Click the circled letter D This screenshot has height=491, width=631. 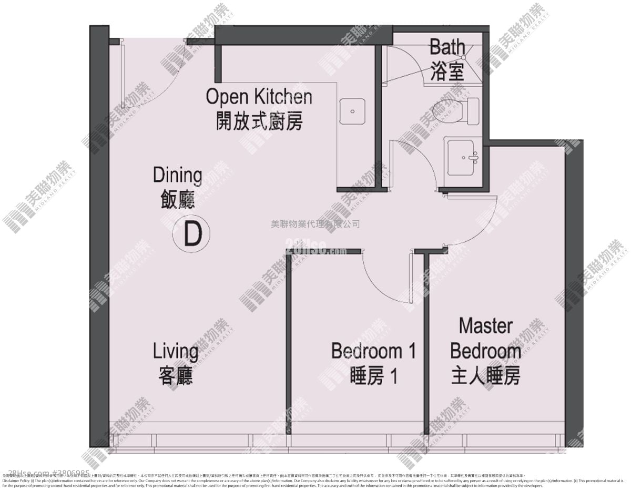(x=191, y=234)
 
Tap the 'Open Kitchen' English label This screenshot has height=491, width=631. (x=259, y=97)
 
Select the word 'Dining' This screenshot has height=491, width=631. (x=177, y=176)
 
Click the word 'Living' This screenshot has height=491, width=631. (x=176, y=351)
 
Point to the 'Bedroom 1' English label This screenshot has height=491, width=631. (x=373, y=351)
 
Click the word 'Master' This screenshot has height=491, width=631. (x=485, y=325)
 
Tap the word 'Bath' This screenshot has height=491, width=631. (x=447, y=47)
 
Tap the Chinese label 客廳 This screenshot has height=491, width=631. (x=176, y=376)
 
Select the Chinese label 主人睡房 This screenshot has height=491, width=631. (x=485, y=376)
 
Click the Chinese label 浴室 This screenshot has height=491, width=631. (x=447, y=71)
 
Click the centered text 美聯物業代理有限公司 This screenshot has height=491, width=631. (x=315, y=224)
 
